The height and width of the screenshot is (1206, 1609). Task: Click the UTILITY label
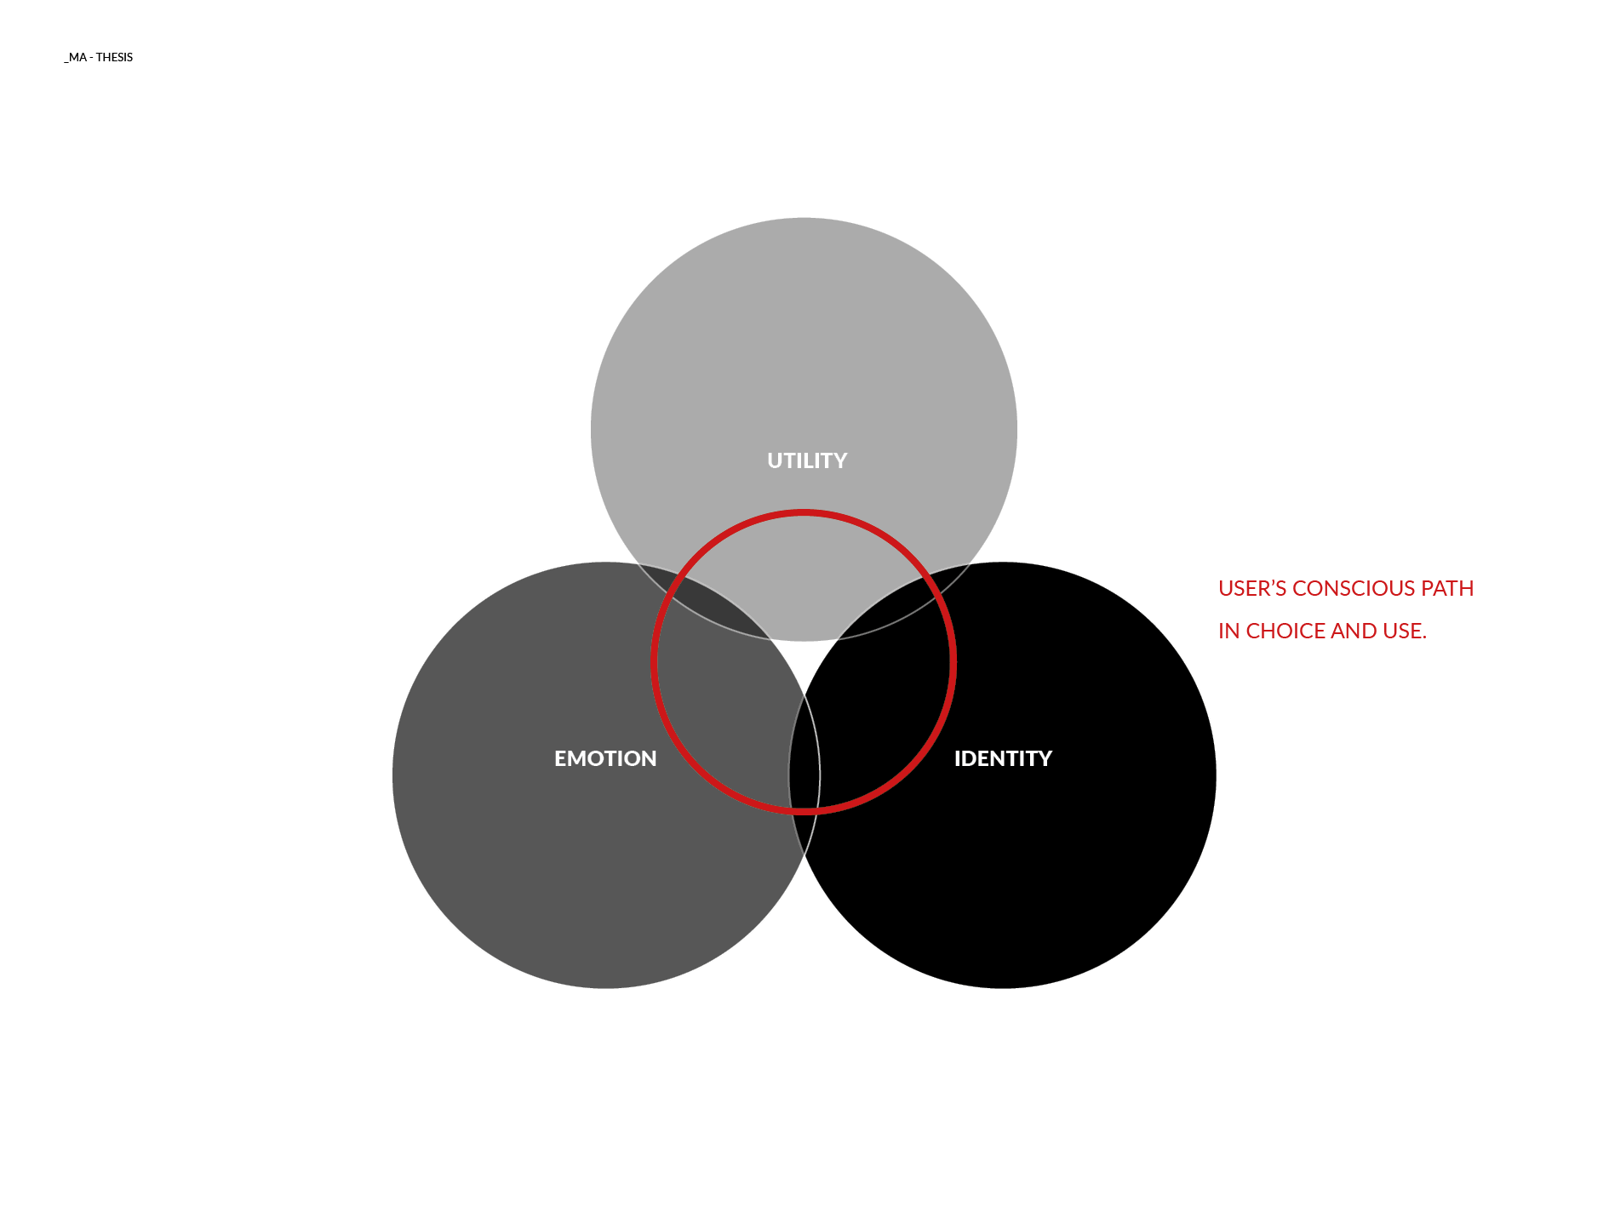tap(807, 460)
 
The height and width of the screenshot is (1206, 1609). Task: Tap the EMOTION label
tap(605, 758)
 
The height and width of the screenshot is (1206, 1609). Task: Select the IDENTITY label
tap(1003, 758)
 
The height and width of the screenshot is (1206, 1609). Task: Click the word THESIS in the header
tap(114, 57)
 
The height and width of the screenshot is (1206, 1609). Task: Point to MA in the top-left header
tap(77, 57)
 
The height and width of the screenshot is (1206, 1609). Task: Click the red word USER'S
tap(1251, 588)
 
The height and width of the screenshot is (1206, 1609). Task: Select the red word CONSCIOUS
tap(1354, 588)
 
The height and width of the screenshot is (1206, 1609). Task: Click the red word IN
tap(1228, 631)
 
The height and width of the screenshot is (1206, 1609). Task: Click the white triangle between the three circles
tap(804, 660)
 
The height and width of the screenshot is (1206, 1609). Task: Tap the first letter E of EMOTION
tap(561, 758)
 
